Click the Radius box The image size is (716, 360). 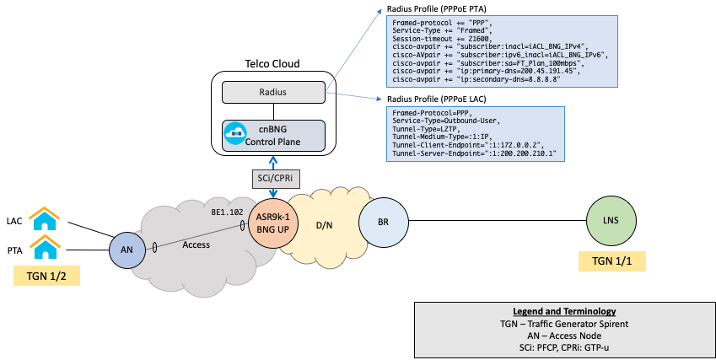point(273,93)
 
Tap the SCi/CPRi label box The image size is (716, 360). point(273,179)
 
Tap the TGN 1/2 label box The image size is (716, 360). point(47,275)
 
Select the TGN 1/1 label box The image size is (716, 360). point(611,261)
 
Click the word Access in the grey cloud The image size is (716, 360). point(196,245)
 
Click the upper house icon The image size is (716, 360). point(44,219)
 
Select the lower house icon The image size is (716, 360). point(44,247)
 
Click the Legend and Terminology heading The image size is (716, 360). point(564,312)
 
